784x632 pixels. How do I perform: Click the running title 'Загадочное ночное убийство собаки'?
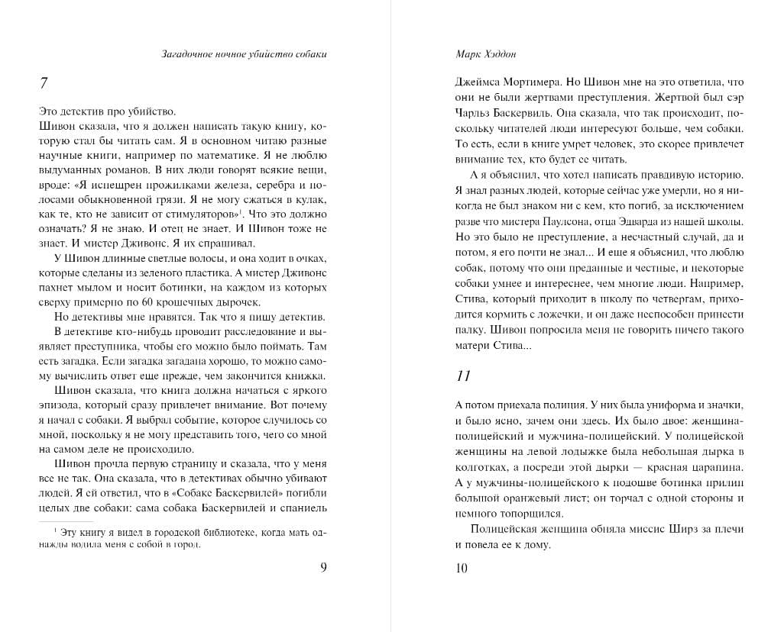(249, 54)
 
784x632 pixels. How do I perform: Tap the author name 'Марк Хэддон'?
(484, 54)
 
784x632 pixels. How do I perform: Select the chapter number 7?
(44, 83)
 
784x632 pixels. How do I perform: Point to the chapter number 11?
(462, 376)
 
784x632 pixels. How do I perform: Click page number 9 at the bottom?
(324, 567)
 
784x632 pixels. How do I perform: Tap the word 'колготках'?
(478, 466)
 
